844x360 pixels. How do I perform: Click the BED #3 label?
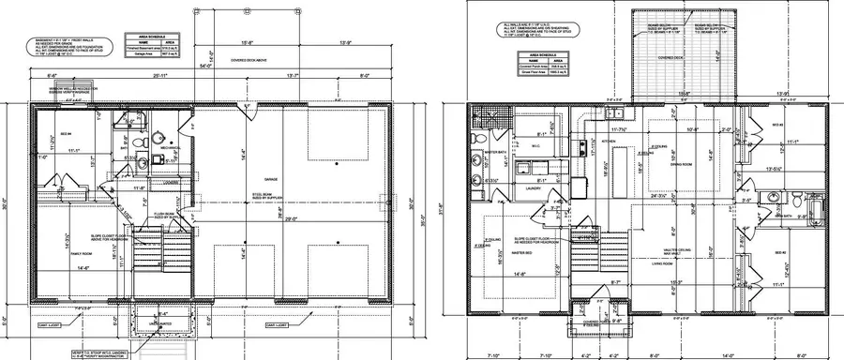pos(776,125)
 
